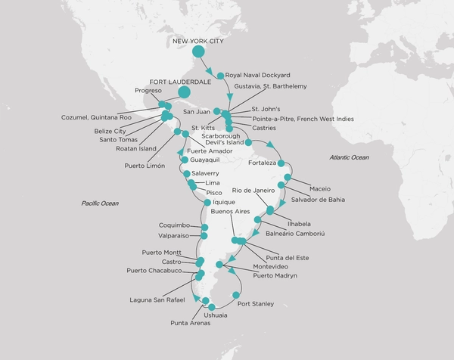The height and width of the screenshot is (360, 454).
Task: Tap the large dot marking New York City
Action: (198, 52)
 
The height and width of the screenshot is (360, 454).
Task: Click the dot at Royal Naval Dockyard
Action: (220, 76)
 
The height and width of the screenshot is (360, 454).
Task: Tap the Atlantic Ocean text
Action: (349, 157)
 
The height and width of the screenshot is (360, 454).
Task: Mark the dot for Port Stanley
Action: (236, 295)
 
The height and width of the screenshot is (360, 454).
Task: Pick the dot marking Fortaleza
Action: (281, 163)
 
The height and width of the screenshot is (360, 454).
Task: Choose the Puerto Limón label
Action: (145, 166)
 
